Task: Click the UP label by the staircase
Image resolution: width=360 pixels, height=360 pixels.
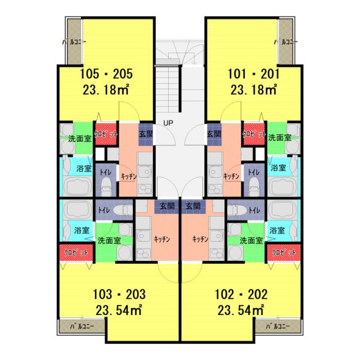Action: click(168, 123)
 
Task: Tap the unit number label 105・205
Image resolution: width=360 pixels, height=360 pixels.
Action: click(106, 74)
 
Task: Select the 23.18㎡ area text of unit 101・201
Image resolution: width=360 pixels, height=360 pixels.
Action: click(254, 89)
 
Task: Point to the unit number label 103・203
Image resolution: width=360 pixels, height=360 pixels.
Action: click(119, 294)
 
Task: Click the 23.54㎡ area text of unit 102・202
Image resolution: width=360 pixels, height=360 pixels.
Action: click(241, 310)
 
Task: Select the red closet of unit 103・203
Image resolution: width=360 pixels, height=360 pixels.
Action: click(76, 253)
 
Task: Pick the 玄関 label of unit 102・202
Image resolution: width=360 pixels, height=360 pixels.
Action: click(193, 206)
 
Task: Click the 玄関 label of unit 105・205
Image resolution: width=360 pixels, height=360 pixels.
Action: click(146, 134)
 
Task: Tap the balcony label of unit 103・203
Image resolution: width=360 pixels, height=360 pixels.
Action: click(82, 326)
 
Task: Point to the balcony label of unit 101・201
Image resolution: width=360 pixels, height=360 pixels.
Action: click(286, 42)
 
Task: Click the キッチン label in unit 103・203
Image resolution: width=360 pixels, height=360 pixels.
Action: click(162, 239)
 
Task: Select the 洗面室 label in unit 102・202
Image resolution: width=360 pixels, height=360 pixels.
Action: click(251, 241)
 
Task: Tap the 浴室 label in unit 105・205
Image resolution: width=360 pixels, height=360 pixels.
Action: click(84, 169)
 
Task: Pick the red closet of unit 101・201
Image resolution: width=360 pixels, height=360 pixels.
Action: click(254, 134)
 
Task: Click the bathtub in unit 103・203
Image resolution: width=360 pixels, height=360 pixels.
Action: click(78, 210)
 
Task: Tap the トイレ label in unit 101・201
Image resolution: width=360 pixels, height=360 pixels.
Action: click(254, 172)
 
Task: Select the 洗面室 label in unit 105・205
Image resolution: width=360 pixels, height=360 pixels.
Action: click(80, 139)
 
